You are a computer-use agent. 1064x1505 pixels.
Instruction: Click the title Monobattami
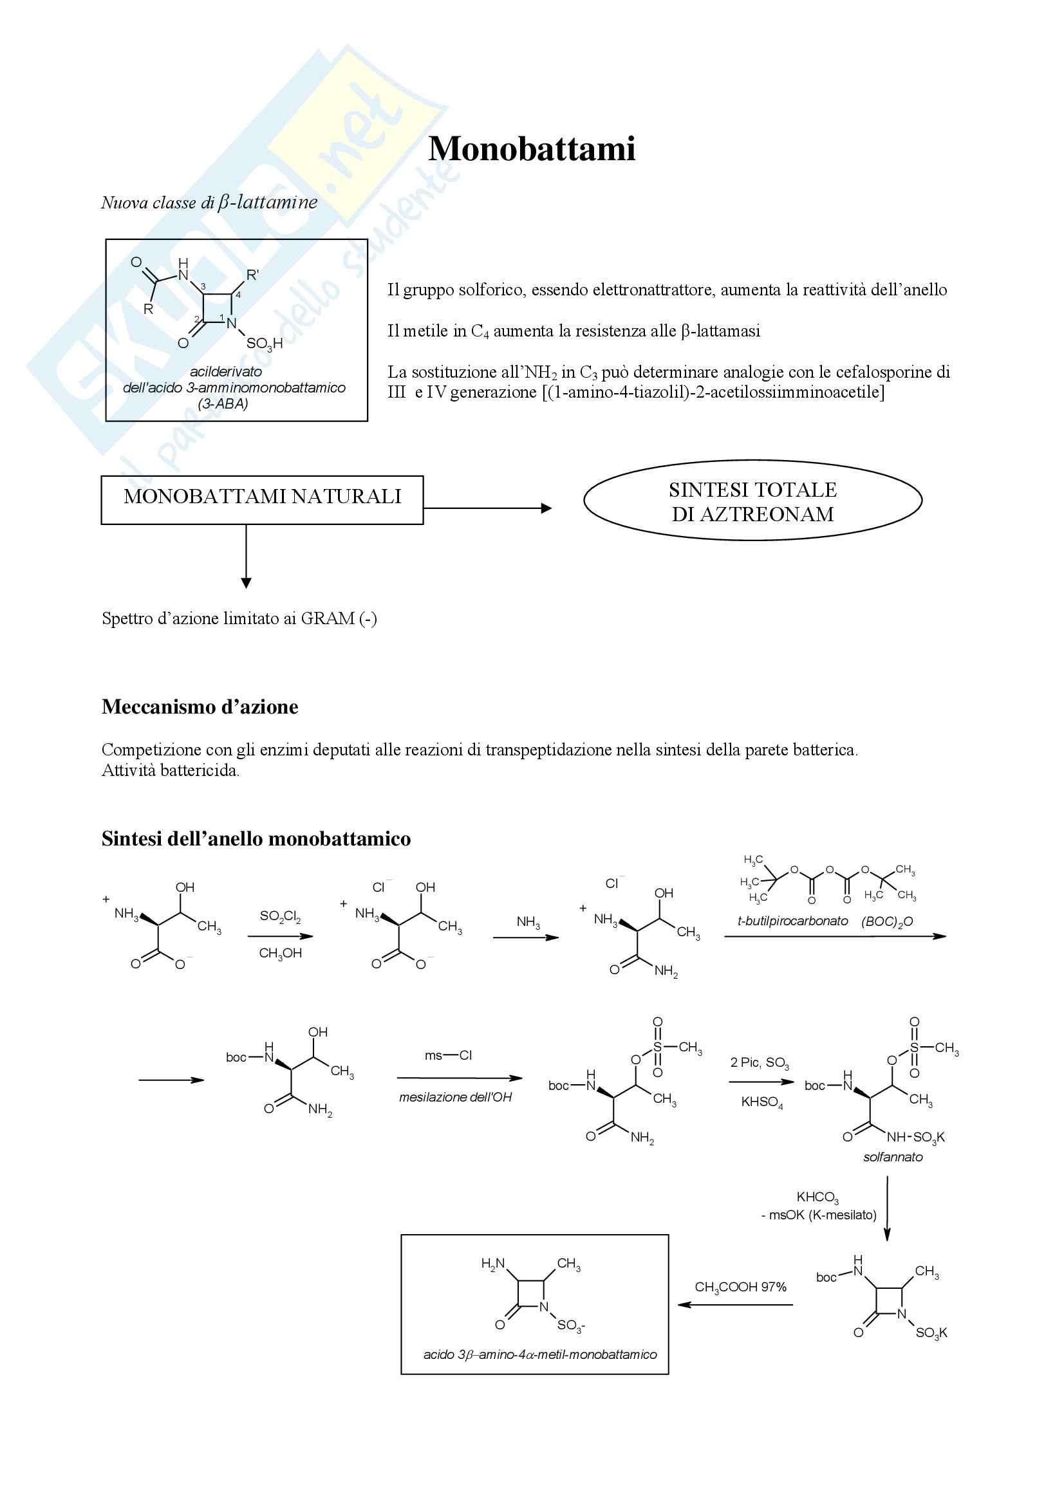pos(532,149)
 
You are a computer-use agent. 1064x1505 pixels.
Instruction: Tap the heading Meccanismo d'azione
pos(200,707)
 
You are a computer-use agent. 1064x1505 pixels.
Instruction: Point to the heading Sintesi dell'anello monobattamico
pos(256,839)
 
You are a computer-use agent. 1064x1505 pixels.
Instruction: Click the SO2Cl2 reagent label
pos(280,916)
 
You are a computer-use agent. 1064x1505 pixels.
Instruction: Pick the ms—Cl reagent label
pos(449,1055)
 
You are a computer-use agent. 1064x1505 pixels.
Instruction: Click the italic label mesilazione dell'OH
pos(456,1097)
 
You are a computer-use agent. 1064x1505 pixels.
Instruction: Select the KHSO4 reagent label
pos(761,1103)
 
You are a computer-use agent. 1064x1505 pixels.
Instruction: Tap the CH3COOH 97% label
pos(740,1288)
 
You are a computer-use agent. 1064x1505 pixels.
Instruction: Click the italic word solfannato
pos(893,1158)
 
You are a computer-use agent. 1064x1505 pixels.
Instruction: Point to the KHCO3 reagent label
pos(817,1198)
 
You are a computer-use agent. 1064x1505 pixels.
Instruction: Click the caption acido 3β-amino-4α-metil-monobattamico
pos(539,1355)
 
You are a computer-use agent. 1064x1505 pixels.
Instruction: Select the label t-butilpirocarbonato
pos(792,921)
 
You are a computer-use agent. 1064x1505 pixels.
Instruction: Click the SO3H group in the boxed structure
pos(264,344)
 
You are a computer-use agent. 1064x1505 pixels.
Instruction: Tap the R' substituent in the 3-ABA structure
pos(252,275)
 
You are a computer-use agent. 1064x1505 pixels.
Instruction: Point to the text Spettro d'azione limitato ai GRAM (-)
pos(239,619)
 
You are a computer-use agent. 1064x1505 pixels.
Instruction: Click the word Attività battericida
pos(171,771)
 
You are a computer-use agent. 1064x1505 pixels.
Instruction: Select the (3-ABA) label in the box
pos(223,404)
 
